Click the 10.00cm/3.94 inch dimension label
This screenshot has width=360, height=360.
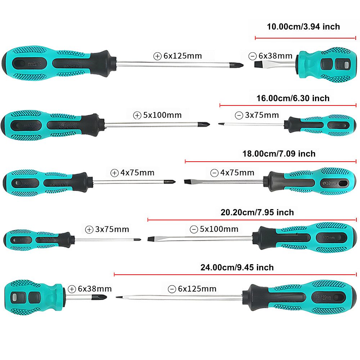(x=303, y=27)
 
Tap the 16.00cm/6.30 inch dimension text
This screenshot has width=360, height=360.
(x=293, y=98)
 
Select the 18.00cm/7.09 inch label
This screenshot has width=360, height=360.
(x=279, y=154)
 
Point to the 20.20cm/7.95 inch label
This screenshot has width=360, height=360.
(x=257, y=212)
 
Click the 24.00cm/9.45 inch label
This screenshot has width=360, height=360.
(x=237, y=267)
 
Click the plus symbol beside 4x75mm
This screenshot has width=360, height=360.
(x=114, y=173)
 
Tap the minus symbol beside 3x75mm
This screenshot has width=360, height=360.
(x=239, y=116)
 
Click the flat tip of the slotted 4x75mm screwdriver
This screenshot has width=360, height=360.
(x=186, y=181)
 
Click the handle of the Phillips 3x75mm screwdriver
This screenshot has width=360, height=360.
(x=36, y=239)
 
